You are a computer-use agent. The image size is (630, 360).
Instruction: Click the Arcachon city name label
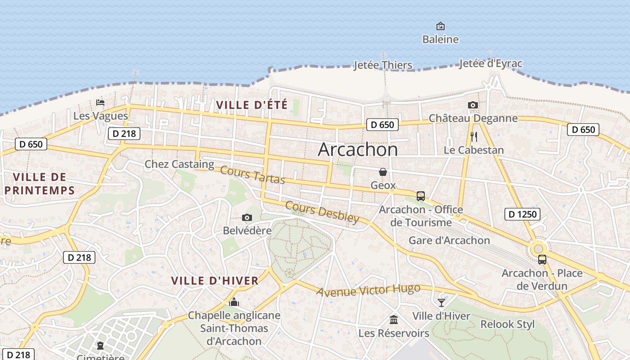point(358,150)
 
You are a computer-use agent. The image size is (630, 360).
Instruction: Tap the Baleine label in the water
point(440,40)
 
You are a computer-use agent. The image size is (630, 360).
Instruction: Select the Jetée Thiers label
point(382,65)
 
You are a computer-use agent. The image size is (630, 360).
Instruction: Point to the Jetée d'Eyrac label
point(490,63)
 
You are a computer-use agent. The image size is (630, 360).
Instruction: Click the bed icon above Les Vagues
point(100,103)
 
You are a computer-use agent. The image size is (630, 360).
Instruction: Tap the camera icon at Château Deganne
point(472,105)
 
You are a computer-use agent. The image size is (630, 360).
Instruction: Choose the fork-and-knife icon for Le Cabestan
point(473,137)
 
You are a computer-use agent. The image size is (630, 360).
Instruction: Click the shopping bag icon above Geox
point(382,172)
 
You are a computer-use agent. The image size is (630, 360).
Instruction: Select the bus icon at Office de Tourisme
point(421,196)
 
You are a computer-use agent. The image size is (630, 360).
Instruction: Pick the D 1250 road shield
point(522,214)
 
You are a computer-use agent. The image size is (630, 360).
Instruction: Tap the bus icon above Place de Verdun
point(542,260)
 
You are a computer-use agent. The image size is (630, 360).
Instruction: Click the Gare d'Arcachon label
point(449,240)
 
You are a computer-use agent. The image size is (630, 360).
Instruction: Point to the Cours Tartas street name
point(252,175)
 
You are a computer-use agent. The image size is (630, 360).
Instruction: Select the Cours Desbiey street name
point(323,212)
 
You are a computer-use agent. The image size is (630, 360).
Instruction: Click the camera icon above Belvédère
point(247,218)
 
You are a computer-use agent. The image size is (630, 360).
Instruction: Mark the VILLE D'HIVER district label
point(215,281)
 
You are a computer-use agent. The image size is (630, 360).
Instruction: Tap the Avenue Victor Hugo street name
point(368,290)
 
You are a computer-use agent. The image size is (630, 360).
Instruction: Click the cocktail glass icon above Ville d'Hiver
point(441,302)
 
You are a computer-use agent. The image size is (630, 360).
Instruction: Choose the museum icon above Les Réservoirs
point(394,319)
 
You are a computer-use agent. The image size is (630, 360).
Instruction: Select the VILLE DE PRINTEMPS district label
point(40,183)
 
